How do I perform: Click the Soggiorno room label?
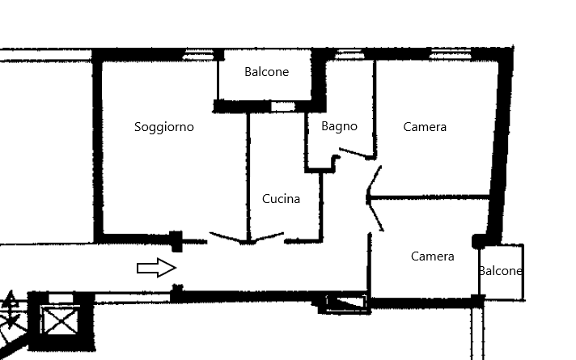pos(163,127)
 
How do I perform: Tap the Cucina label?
pos(281,198)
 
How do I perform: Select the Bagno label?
pos(339,126)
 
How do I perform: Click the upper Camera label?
pos(425,127)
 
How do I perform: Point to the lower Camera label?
pos(432,256)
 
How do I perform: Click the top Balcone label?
pos(266,72)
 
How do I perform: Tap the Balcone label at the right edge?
pos(500,271)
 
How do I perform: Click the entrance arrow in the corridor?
pos(156,268)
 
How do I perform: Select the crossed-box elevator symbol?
pos(58,321)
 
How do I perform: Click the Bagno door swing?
pos(354,152)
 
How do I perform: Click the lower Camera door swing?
pos(375,215)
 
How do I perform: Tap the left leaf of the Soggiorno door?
pos(228,237)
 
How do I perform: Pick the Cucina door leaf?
pos(268,237)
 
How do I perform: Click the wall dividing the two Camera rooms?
pos(429,197)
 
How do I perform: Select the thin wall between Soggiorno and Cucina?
pos(248,174)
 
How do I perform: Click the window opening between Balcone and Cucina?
pos(282,106)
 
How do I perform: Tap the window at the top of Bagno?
pos(349,54)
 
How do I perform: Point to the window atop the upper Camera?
pos(450,54)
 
